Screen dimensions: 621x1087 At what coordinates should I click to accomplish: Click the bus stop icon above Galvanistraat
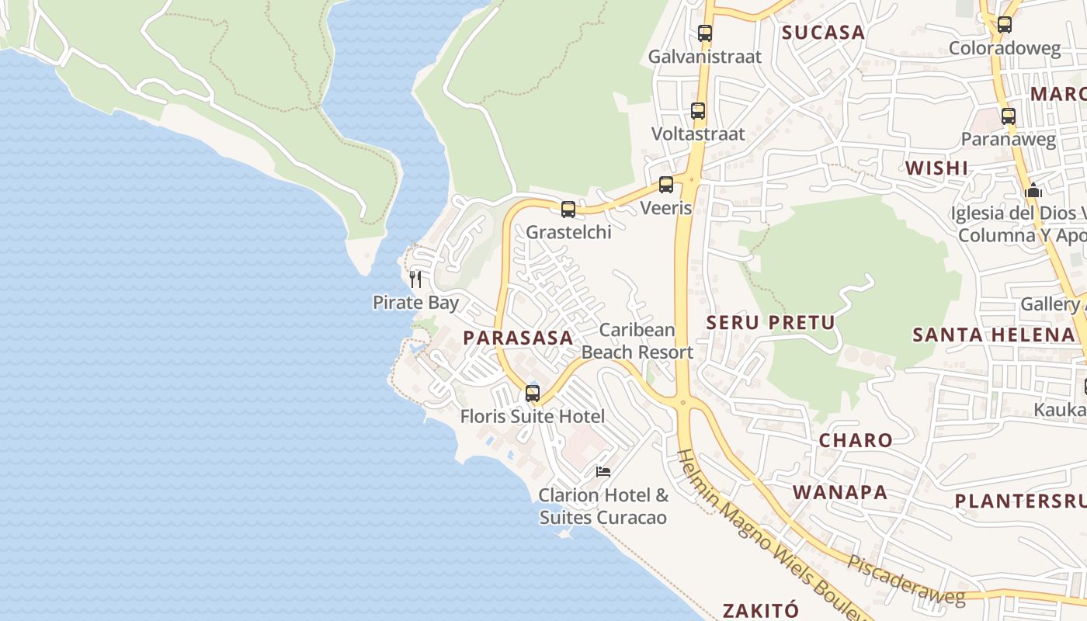pyautogui.click(x=704, y=33)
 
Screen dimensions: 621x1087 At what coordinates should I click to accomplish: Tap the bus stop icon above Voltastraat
pyautogui.click(x=698, y=111)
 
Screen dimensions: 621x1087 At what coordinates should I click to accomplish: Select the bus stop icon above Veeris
pyautogui.click(x=665, y=185)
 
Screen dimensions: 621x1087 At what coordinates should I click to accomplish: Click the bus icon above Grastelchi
pyautogui.click(x=568, y=209)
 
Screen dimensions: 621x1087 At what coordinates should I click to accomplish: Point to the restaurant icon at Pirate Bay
pyautogui.click(x=415, y=279)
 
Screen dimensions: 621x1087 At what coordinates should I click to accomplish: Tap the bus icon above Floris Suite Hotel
pyautogui.click(x=532, y=393)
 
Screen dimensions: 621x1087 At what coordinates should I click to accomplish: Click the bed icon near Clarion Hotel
pyautogui.click(x=603, y=471)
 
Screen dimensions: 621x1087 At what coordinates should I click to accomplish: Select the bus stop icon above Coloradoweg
pyautogui.click(x=1004, y=25)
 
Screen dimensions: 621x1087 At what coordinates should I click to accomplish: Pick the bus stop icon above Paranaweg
pyautogui.click(x=1008, y=116)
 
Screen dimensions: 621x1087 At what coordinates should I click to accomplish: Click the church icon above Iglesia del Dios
pyautogui.click(x=1033, y=190)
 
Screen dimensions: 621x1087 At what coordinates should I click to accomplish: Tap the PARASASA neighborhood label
pyautogui.click(x=518, y=338)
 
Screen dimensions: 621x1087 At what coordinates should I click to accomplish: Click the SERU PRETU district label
pyautogui.click(x=770, y=323)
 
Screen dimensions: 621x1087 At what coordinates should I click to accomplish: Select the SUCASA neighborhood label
pyautogui.click(x=823, y=33)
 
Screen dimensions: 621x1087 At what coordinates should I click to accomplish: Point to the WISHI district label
pyautogui.click(x=936, y=168)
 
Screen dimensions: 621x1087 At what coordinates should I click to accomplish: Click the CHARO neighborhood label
pyautogui.click(x=856, y=440)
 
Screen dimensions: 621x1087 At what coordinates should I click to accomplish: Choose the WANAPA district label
pyautogui.click(x=840, y=492)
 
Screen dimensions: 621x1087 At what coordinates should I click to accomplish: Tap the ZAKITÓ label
pyautogui.click(x=760, y=610)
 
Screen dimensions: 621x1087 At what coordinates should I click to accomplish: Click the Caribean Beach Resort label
pyautogui.click(x=637, y=341)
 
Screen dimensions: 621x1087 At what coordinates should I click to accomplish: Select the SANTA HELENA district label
pyautogui.click(x=993, y=335)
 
